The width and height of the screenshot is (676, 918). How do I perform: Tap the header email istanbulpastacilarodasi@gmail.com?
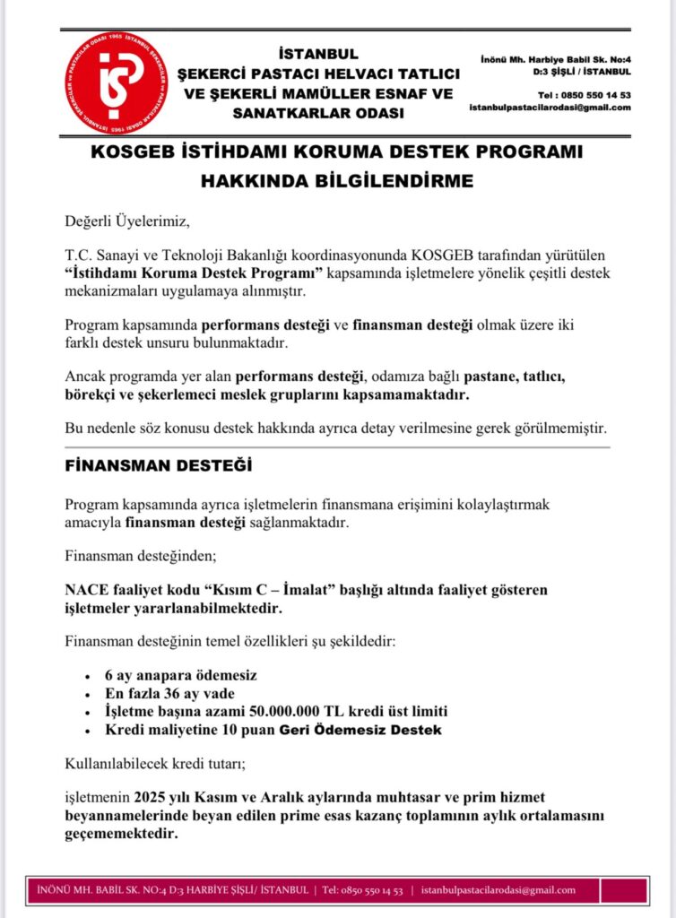[550, 108]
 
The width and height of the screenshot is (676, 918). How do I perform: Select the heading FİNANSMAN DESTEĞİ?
[159, 466]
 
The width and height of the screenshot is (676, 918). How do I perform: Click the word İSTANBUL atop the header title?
[318, 54]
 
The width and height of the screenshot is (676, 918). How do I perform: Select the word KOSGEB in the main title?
[138, 152]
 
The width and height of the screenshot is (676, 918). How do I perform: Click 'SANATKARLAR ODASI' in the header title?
[318, 113]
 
